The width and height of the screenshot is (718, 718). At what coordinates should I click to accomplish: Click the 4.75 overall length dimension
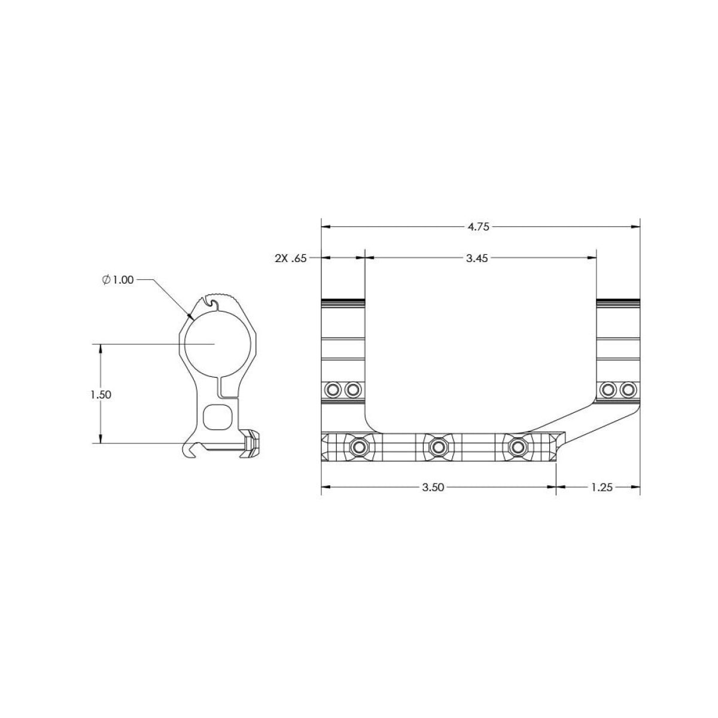pos(479,227)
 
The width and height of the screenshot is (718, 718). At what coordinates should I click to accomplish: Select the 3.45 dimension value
pos(476,258)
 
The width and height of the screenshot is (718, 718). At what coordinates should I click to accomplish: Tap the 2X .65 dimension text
pos(291,258)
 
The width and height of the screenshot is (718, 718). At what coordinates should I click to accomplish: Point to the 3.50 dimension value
pos(433,488)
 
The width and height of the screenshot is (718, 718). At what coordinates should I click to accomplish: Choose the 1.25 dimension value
pos(602,488)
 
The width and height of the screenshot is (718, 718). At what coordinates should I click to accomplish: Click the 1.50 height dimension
pos(101,395)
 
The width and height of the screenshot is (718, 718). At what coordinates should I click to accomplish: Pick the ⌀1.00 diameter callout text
pos(118,280)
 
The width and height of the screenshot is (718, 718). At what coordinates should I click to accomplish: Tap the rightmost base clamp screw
pos(518,446)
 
